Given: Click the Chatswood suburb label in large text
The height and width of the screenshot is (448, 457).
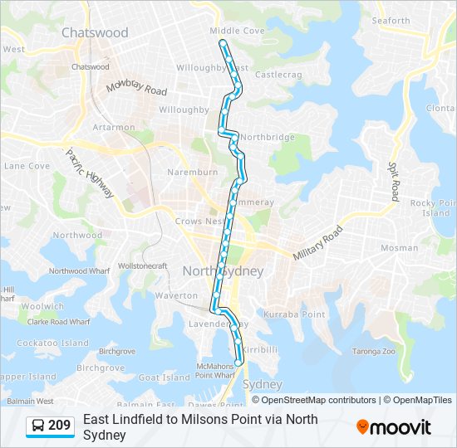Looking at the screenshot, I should [95, 33].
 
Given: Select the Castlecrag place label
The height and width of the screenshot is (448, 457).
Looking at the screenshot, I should [278, 75].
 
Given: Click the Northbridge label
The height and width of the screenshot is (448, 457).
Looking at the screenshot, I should [268, 137].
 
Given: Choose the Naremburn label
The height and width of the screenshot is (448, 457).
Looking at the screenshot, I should [192, 173].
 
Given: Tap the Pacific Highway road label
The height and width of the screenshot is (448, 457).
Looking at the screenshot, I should [90, 173].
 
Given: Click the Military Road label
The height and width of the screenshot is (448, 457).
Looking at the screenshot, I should [317, 244].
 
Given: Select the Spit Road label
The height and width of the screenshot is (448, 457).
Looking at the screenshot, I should [393, 181].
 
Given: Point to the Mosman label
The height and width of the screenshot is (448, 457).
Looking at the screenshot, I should [393, 248].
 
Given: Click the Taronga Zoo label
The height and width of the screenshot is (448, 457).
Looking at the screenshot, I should [376, 351].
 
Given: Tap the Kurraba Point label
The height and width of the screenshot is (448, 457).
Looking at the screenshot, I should [294, 314].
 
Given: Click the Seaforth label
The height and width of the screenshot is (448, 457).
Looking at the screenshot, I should [391, 21].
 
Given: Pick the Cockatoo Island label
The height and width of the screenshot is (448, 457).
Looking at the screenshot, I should [52, 343].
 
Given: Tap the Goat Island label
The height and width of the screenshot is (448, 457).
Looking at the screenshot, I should [164, 377].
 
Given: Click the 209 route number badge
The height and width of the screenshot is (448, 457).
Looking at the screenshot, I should [51, 426].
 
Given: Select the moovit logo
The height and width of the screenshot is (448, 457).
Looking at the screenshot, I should [394, 427].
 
